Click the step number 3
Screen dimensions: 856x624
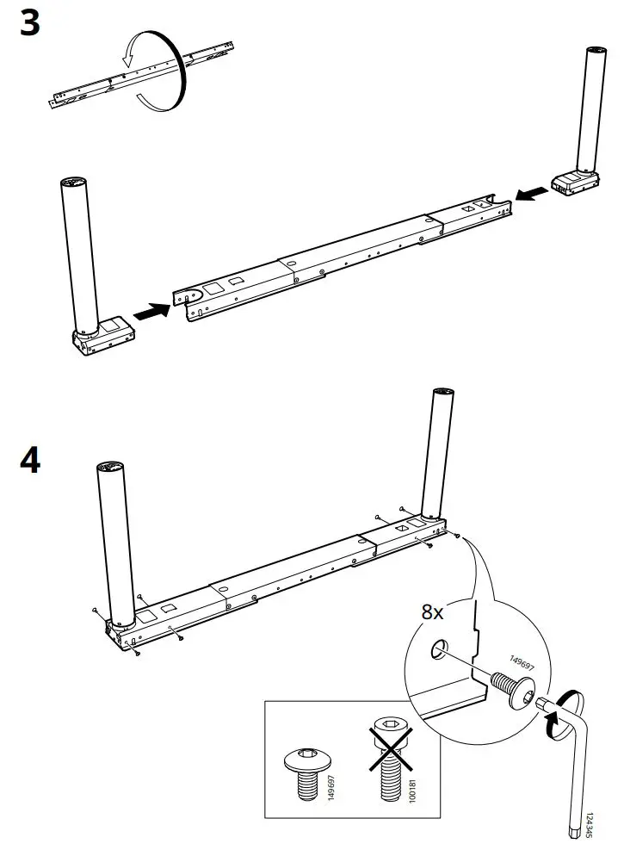pos(30,22)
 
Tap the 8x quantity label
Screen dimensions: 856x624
pos(432,612)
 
